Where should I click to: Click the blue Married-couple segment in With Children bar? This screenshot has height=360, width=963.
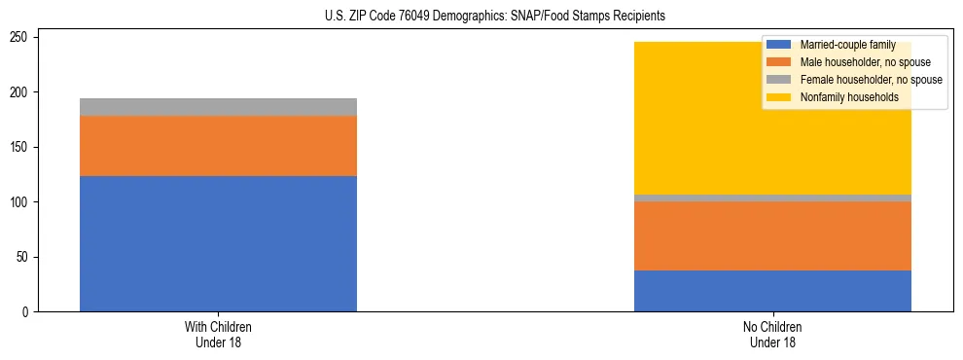click(218, 243)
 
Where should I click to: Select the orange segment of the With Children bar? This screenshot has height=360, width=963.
click(218, 146)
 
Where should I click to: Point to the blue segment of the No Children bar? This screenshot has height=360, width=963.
click(772, 291)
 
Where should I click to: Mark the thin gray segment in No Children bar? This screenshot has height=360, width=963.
click(772, 198)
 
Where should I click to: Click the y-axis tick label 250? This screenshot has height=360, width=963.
click(21, 37)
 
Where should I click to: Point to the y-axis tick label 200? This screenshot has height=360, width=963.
click(21, 92)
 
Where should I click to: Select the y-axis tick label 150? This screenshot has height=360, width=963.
click(21, 147)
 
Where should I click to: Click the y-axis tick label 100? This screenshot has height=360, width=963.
click(21, 202)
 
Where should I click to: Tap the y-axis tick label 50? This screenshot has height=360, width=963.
click(24, 257)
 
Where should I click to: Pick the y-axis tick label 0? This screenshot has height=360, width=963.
click(27, 312)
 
